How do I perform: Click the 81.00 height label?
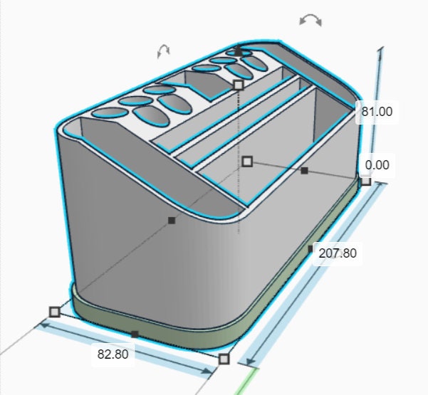tap(377, 112)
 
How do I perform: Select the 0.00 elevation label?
tap(377, 165)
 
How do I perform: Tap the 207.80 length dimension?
tap(338, 253)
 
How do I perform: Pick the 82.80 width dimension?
tap(113, 354)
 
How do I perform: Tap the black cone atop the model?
tap(239, 51)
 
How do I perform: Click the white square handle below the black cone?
tap(239, 85)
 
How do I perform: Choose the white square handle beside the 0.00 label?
tap(366, 181)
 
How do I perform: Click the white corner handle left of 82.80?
tap(55, 312)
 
